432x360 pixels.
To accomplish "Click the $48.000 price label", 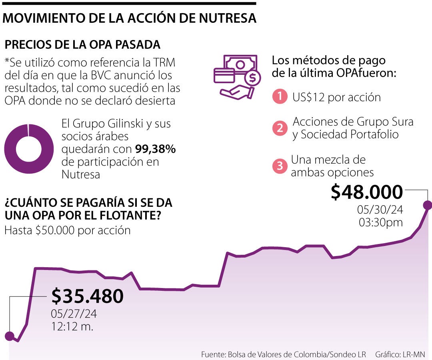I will [366, 192].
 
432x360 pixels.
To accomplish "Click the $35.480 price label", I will [87, 296].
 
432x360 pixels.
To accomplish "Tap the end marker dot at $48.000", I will [427, 205].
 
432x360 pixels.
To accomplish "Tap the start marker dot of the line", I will [9, 336].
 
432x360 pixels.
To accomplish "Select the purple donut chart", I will [28, 149].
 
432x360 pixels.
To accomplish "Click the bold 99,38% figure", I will [155, 149].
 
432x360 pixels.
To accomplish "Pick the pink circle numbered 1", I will [280, 97].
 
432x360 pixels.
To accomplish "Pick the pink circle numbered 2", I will [280, 128].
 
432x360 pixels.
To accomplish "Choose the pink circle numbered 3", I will [280, 166].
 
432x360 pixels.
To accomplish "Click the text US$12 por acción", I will [336, 97].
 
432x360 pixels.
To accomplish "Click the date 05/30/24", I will [380, 210].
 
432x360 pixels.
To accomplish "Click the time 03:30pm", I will [380, 222].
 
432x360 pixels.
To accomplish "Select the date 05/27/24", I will [74, 314].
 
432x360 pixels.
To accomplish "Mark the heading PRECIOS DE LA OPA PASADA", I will [82, 44].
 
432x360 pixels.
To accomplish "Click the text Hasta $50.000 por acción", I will [68, 231].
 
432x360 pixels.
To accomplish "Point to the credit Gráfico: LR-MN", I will [400, 354].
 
